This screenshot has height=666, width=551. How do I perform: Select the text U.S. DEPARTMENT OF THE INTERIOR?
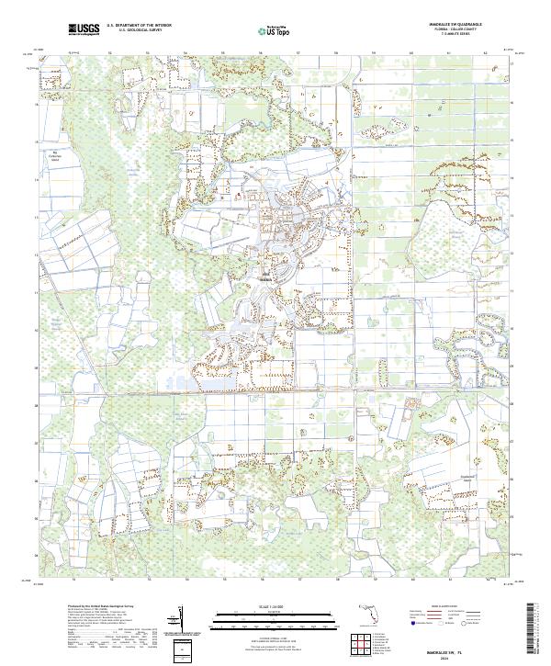[x=139, y=26]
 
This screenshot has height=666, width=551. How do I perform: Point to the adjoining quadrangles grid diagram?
[x=358, y=641]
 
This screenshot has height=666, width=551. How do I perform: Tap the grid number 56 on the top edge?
[x=261, y=53]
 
